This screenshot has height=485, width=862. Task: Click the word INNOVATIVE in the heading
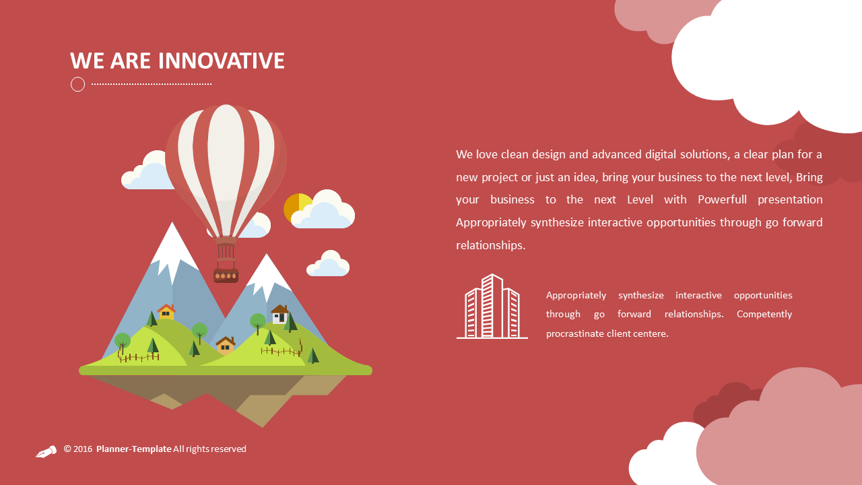(222, 61)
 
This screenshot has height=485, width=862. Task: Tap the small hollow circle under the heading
(77, 84)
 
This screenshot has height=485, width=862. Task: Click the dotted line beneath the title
(152, 84)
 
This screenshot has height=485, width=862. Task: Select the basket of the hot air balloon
(226, 276)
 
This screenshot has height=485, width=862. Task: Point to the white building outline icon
(492, 306)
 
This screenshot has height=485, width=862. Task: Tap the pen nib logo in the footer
(46, 451)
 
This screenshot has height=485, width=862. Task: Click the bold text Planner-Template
(133, 449)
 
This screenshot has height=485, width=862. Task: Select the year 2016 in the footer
(83, 449)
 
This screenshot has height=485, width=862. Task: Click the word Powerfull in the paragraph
(722, 200)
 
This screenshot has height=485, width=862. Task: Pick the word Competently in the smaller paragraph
(764, 315)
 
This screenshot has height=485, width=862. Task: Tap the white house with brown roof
(279, 315)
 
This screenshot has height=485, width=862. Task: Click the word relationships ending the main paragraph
(490, 245)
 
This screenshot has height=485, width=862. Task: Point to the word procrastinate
(575, 333)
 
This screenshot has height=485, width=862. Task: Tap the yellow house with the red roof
(166, 312)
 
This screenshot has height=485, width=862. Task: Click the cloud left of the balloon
(147, 170)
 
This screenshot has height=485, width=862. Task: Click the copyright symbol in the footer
(68, 449)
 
